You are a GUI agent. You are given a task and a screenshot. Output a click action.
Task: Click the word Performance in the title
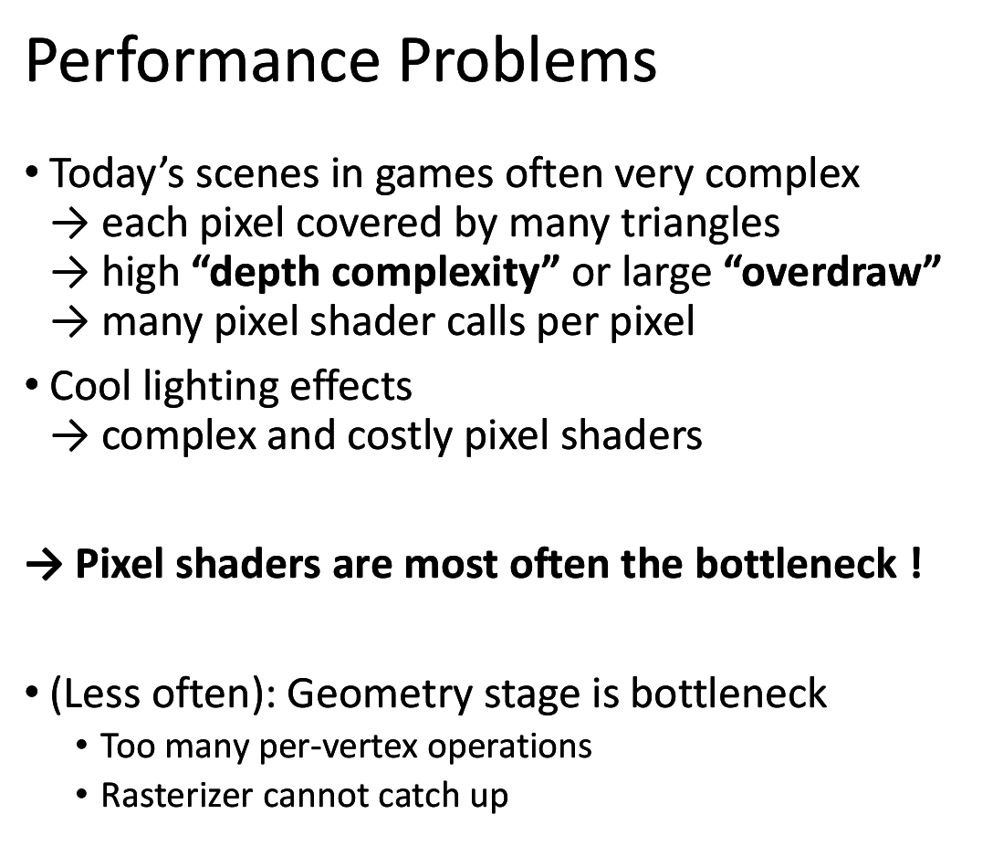pyautogui.click(x=203, y=61)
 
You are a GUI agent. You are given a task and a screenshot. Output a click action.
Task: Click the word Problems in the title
pyautogui.click(x=528, y=61)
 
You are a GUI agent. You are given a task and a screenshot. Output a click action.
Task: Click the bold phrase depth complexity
pyautogui.click(x=375, y=273)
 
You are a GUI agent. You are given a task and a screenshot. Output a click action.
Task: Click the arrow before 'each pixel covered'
pyautogui.click(x=69, y=225)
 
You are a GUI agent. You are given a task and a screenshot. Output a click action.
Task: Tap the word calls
pyautogui.click(x=486, y=321)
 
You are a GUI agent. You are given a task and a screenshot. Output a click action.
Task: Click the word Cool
pyautogui.click(x=90, y=386)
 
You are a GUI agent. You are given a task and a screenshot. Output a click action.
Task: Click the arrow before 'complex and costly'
pyautogui.click(x=69, y=437)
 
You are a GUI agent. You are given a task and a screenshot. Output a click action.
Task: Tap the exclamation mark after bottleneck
pyautogui.click(x=915, y=563)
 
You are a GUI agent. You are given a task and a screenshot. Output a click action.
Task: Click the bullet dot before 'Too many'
pyautogui.click(x=81, y=745)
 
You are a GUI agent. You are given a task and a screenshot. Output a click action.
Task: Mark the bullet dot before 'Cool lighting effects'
pyautogui.click(x=32, y=385)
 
